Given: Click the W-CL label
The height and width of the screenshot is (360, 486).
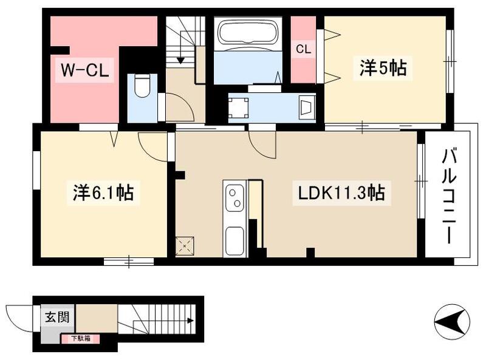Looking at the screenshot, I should [83, 71].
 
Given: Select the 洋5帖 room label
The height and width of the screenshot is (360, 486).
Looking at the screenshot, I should [382, 69].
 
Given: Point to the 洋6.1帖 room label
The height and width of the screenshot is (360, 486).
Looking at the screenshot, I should [100, 194].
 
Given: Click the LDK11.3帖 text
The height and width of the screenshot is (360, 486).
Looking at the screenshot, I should [340, 194].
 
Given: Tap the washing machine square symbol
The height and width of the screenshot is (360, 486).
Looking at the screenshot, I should [238, 107].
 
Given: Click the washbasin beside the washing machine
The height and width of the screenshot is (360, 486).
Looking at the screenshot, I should [307, 107].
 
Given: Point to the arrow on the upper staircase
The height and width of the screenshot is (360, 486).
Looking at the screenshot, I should [180, 59].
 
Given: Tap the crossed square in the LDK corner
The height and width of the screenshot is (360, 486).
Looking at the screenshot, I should [184, 245].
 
